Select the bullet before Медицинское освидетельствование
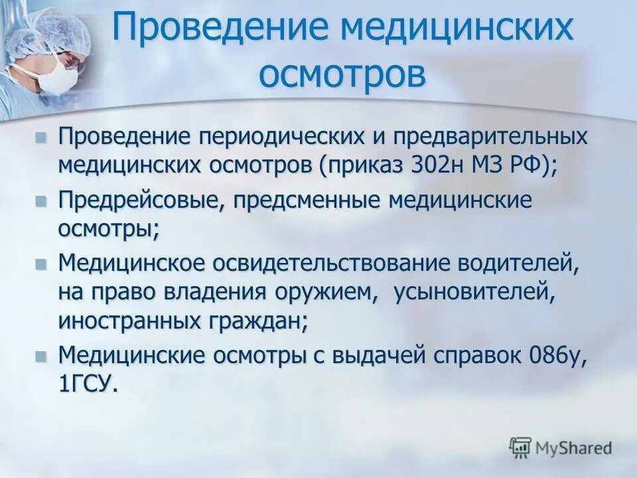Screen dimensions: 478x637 pos(41,264)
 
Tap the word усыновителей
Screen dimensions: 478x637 pos(474,293)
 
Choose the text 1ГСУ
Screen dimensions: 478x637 pos(88,385)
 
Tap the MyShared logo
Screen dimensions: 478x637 pos(560,447)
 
